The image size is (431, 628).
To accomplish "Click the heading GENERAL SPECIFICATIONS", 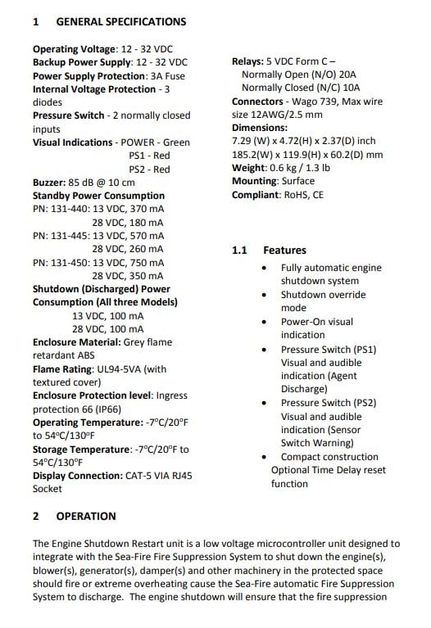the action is [120, 22].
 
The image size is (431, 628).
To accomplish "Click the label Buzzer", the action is [50, 183].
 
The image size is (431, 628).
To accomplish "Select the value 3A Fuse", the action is [167, 75].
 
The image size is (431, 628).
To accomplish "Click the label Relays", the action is [249, 61].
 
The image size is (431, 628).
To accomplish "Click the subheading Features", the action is [284, 250].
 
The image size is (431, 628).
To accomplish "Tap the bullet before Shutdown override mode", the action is [264, 295].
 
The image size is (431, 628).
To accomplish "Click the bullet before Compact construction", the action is [264, 457].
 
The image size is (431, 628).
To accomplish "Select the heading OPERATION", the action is [86, 516].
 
